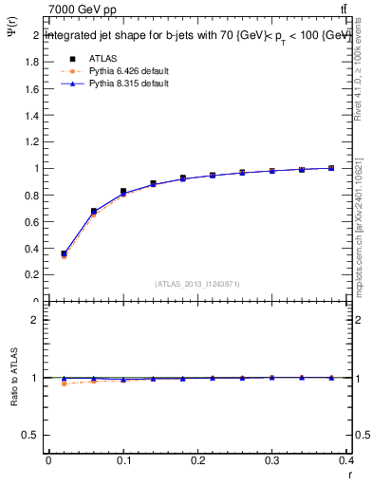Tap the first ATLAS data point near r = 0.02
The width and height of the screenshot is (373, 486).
click(64, 253)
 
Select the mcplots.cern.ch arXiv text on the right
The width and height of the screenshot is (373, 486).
click(360, 223)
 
